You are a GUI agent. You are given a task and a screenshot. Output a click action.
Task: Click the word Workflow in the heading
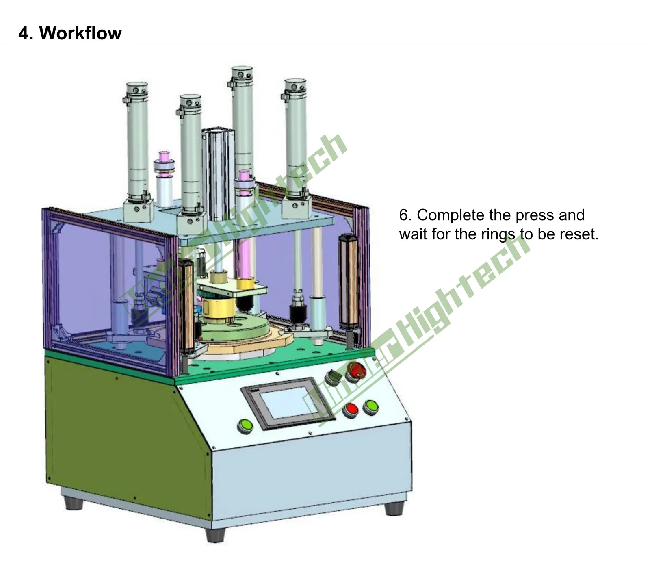[x=80, y=33]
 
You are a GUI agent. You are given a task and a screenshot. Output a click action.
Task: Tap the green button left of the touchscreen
[x=245, y=425]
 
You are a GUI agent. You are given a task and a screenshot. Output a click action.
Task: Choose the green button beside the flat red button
[x=370, y=407]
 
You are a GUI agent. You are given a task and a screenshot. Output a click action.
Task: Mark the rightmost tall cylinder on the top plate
[x=296, y=142]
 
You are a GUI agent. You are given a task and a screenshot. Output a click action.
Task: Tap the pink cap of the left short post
[x=164, y=156]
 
